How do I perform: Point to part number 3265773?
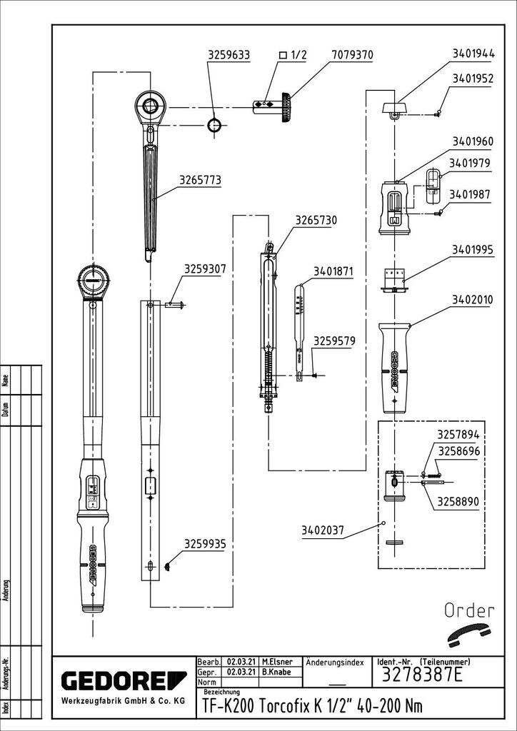tap(200, 182)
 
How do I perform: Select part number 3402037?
tap(323, 530)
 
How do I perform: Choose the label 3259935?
tap(205, 544)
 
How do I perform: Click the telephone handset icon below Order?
tap(469, 632)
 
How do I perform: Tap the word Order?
tap(469, 610)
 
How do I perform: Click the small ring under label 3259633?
tap(214, 126)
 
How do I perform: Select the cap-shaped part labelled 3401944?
tap(393, 108)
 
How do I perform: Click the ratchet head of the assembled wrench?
tap(95, 279)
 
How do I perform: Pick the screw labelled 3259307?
tap(176, 306)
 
